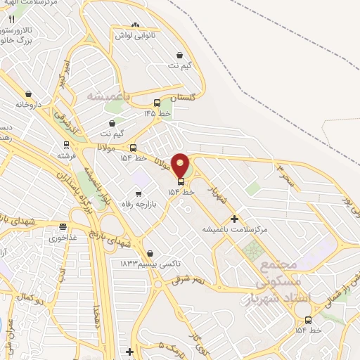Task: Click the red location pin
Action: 181,165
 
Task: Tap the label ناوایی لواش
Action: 134,35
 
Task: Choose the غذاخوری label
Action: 63,238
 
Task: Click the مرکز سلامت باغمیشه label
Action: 235,229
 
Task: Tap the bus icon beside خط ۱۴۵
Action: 157,103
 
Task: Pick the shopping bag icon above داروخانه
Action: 28,94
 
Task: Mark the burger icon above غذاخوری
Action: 63,227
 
